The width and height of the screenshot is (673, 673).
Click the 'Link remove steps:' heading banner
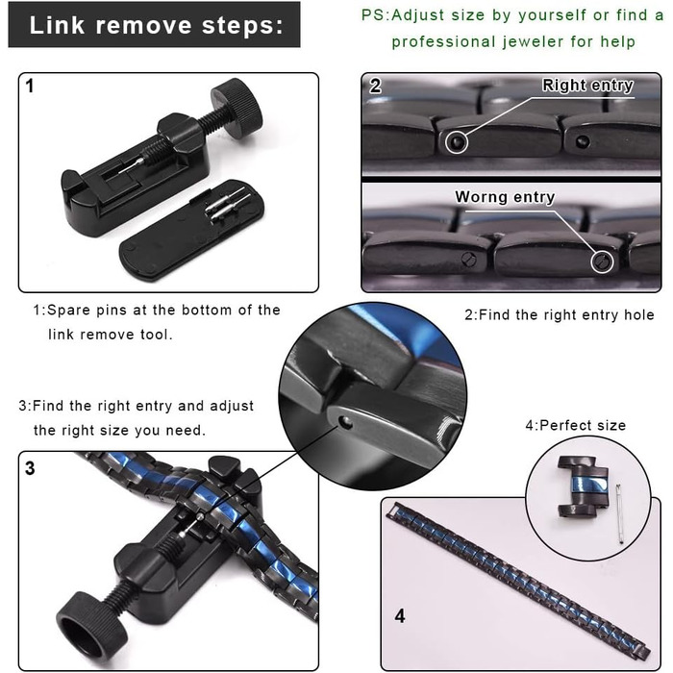154,24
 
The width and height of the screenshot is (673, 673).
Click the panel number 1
30,86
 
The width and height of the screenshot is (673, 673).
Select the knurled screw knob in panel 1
236,108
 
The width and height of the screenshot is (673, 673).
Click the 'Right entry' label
587,85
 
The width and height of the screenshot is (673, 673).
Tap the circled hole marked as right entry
456,142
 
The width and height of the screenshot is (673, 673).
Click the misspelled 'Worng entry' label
505,197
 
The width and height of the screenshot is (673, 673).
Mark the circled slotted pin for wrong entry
602,261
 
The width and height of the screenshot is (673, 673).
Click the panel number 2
375,87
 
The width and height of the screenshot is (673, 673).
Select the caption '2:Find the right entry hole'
560,315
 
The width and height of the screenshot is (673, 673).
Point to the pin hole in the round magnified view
344,423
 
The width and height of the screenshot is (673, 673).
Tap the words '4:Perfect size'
576,425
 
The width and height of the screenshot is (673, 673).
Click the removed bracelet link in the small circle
582,486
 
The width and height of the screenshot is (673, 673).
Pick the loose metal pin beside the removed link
620,514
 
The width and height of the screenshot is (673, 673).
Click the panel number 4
400,616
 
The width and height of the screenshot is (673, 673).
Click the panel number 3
30,468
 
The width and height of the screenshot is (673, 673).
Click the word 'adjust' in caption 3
232,407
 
